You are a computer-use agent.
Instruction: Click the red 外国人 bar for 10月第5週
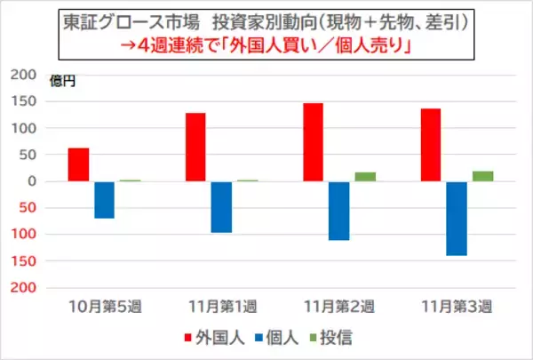coord(78,164)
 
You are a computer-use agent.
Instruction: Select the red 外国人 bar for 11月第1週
coord(195,148)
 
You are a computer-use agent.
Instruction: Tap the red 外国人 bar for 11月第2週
coord(313,142)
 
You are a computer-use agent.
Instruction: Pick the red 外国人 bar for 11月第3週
coord(431,145)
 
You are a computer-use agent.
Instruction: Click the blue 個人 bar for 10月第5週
coord(105,200)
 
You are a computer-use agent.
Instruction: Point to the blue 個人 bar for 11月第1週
coord(222,207)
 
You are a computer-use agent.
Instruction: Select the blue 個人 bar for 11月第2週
coord(339,211)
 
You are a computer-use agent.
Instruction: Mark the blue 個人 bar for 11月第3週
coord(457,219)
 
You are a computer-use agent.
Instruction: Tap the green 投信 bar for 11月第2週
coord(365,177)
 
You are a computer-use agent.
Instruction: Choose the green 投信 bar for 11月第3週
coord(482,176)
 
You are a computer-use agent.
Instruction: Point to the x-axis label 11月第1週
coord(222,308)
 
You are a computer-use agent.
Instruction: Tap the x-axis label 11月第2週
coord(339,308)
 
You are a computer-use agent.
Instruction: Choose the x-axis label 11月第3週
coord(457,308)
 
